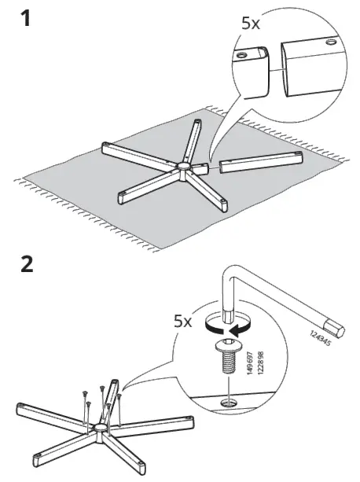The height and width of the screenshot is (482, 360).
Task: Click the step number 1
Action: (x=26, y=18)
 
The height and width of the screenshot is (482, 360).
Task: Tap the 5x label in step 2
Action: (x=183, y=321)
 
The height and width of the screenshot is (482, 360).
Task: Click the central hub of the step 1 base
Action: (x=183, y=166)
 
